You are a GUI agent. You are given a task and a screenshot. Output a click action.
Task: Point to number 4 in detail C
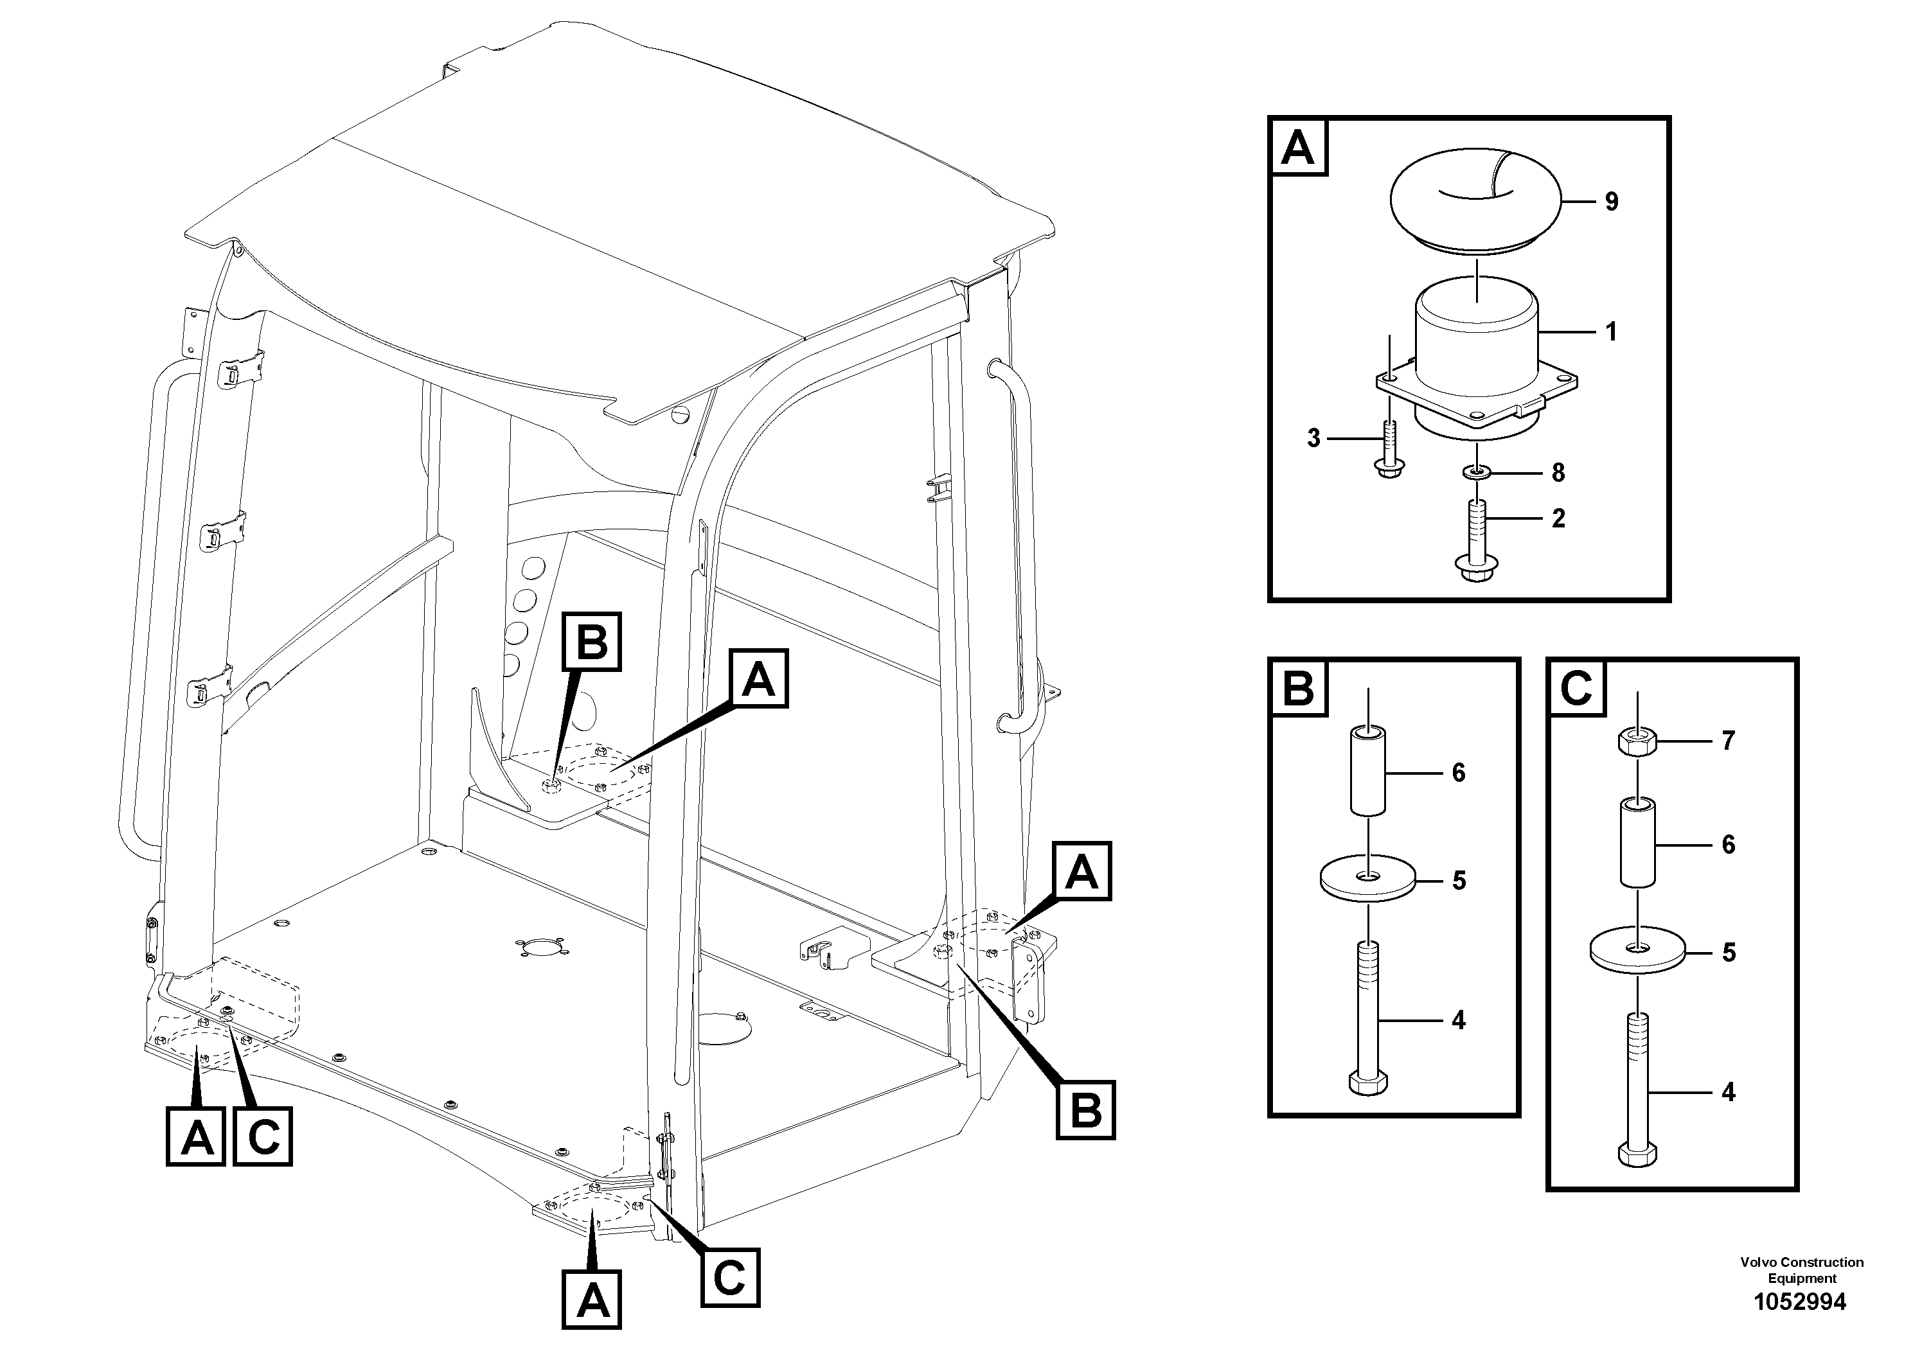tap(1728, 1091)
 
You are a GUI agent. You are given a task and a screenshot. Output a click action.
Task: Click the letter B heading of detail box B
tap(1298, 688)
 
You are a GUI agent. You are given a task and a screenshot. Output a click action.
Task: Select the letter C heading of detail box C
tap(1576, 688)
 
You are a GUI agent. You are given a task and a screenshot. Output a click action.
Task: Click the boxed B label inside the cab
tap(592, 641)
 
